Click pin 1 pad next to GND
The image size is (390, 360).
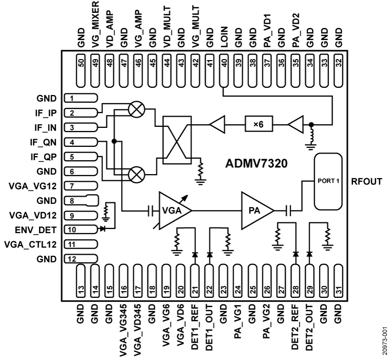point(81,98)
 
